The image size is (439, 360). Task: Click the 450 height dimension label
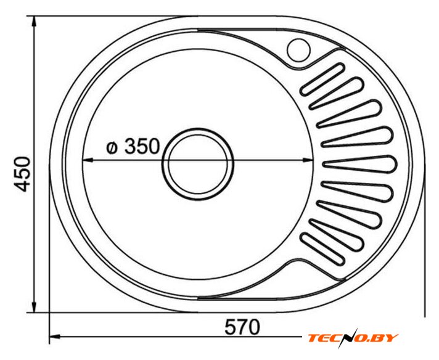[x=22, y=174]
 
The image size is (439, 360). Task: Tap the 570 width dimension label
[x=242, y=327]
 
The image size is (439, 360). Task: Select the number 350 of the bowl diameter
[x=142, y=146]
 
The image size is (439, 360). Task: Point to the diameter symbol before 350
[x=112, y=147]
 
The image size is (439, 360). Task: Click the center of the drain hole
[x=198, y=164]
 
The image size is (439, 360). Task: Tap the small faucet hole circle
[x=298, y=50]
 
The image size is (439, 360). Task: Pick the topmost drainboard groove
[x=322, y=80]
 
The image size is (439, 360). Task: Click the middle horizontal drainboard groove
[x=360, y=164]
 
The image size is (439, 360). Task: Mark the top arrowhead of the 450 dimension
[x=34, y=22]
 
